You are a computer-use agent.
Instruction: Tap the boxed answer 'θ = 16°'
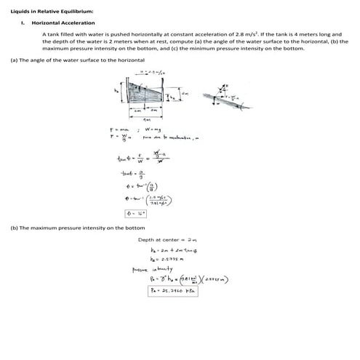[136, 214]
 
